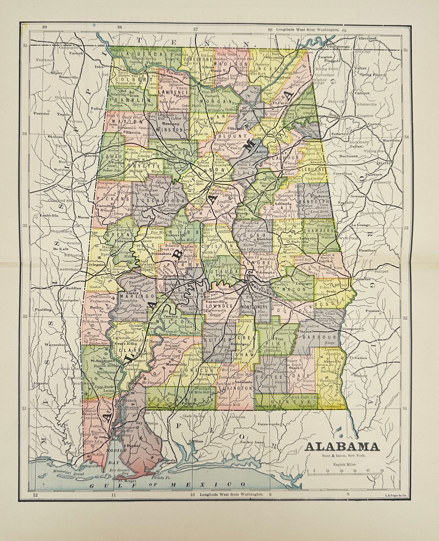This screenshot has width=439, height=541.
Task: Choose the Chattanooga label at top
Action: [339, 46]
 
